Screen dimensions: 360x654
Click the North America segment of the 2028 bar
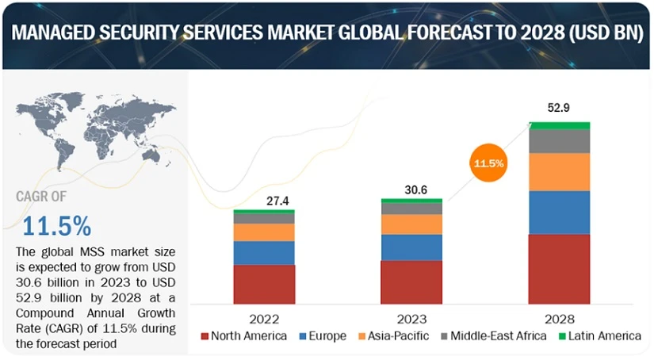coord(560,268)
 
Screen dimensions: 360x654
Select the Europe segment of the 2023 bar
coord(411,247)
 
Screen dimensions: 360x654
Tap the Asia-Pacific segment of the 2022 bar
coord(264,232)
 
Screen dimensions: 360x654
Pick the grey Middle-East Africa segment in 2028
coord(560,140)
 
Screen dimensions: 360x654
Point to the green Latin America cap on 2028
coord(560,125)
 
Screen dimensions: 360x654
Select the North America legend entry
coord(243,336)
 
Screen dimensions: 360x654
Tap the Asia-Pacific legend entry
coord(394,336)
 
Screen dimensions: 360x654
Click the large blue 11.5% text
coord(56,226)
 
